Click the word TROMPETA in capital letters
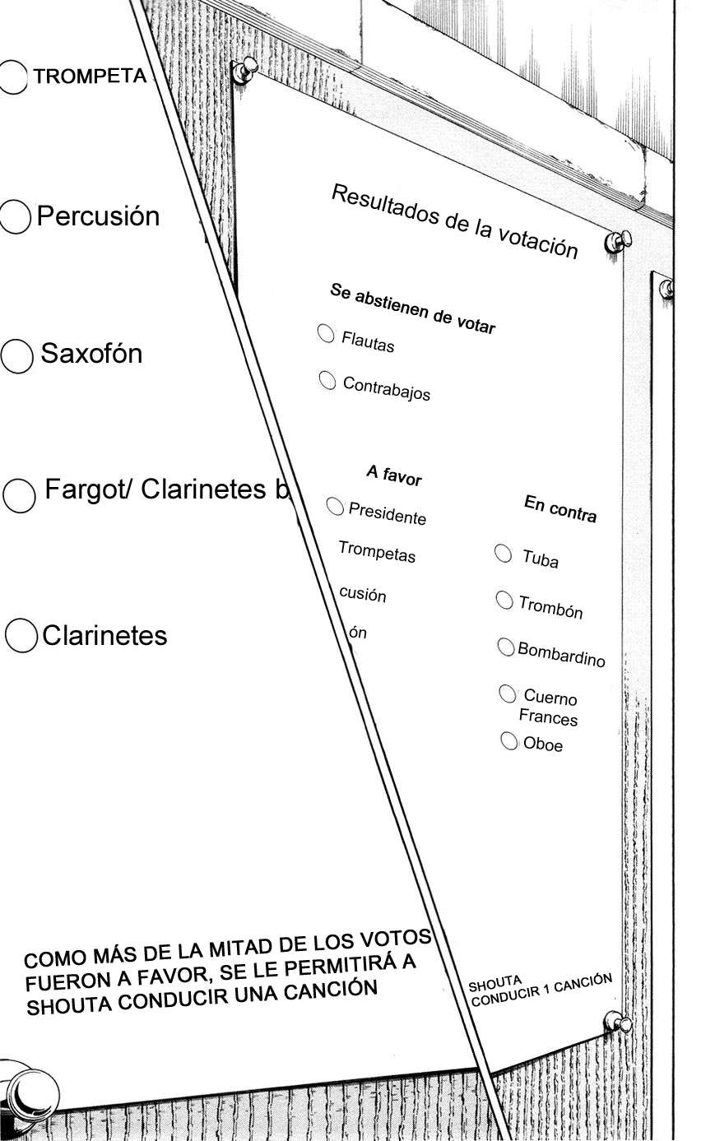point(91,76)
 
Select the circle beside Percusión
point(15,216)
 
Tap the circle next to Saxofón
point(16,356)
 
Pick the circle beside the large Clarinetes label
point(21,635)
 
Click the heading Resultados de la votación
point(454,221)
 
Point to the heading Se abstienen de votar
point(412,308)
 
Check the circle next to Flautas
point(326,334)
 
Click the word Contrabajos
point(386,388)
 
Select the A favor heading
point(394,475)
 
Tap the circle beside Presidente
point(335,506)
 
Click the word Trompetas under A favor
point(377,552)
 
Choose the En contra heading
point(560,509)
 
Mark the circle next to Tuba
point(504,553)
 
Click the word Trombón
point(550,606)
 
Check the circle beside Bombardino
point(505,647)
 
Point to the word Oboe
point(543,744)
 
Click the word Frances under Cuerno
point(548,717)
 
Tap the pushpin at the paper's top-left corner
point(244,70)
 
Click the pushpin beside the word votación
point(618,241)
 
